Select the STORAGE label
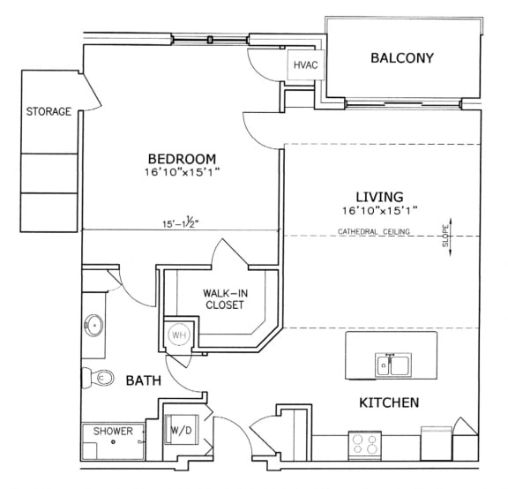[49, 112]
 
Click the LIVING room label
[379, 196]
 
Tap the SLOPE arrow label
[445, 237]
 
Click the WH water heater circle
[179, 335]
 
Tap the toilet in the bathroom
[100, 378]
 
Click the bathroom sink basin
[93, 324]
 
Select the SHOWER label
[113, 432]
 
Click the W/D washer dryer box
[181, 432]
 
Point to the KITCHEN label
[388, 402]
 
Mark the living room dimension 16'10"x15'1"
[379, 210]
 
